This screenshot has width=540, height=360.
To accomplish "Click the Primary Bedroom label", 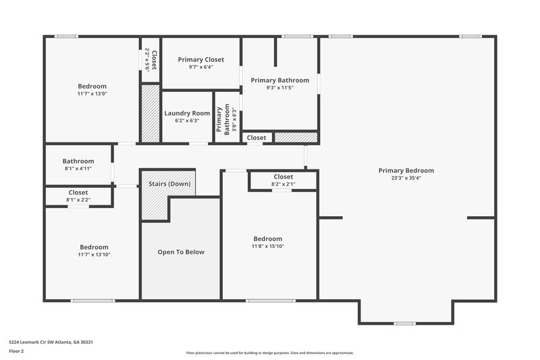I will click(x=406, y=170).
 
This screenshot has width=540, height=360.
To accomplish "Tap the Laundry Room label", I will click(x=187, y=113).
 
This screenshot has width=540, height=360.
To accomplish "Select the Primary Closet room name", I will click(x=201, y=59).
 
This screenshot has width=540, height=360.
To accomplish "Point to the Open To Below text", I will click(x=181, y=252).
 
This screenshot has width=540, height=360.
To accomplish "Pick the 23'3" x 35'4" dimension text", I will click(x=406, y=179).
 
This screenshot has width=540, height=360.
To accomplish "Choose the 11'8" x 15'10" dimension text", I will click(x=267, y=247).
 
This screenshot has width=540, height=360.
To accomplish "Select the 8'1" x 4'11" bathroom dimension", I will click(x=78, y=169).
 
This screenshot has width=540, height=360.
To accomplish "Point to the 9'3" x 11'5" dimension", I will click(x=279, y=88).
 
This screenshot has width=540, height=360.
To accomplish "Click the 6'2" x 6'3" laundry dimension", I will click(x=187, y=121).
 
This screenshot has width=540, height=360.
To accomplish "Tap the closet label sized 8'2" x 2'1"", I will click(x=283, y=177).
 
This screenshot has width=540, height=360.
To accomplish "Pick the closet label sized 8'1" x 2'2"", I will click(x=78, y=192).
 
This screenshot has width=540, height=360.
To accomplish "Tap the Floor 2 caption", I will click(x=16, y=352).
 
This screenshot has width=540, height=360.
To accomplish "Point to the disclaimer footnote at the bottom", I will click(x=269, y=353).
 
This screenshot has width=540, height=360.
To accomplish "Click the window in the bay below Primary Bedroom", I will click(x=405, y=324).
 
